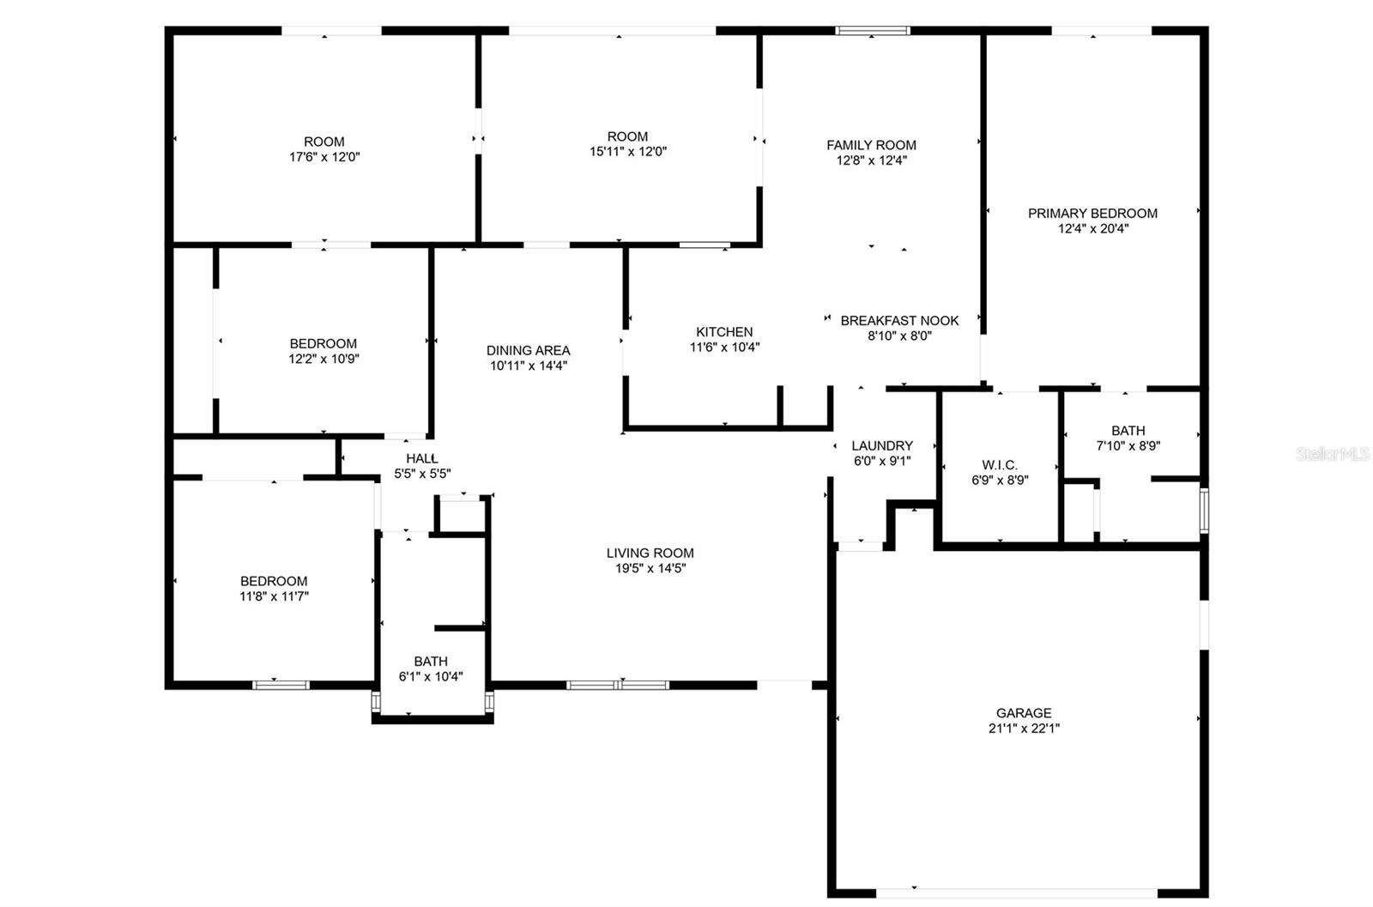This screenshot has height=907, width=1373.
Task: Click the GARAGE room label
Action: (x=1024, y=713)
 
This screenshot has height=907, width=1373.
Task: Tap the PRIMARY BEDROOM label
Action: (x=1092, y=213)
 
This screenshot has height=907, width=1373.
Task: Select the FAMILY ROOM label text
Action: (x=871, y=145)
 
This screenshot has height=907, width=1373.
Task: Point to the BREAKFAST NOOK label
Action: (x=899, y=320)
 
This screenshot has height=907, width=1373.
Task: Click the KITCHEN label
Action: (x=724, y=332)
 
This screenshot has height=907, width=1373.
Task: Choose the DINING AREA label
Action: (x=528, y=350)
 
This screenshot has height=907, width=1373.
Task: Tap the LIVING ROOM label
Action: (x=650, y=553)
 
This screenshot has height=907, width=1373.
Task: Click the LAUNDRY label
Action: (x=882, y=445)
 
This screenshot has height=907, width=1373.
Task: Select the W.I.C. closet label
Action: (x=1000, y=465)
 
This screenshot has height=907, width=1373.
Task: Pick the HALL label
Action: (x=422, y=458)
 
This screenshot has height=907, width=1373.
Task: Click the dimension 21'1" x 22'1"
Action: (x=1024, y=729)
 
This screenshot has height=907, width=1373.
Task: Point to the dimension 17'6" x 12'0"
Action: (x=324, y=157)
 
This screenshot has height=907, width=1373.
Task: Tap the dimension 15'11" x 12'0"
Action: (x=627, y=152)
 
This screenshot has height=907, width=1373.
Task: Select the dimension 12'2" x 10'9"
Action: (x=324, y=359)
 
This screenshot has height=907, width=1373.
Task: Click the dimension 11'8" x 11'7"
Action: (x=274, y=596)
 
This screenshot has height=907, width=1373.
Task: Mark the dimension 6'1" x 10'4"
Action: (x=431, y=676)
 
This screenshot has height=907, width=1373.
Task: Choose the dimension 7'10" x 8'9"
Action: (x=1128, y=446)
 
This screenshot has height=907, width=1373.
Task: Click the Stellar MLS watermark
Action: (x=1333, y=454)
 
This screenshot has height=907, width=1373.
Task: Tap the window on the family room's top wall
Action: (x=873, y=31)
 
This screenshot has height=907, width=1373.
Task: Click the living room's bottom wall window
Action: (x=618, y=685)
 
